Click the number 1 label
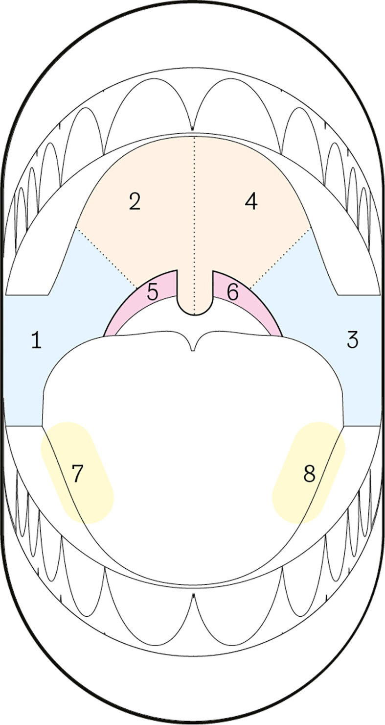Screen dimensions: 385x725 pyautogui.click(x=37, y=340)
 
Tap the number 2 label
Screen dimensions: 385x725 pyautogui.click(x=135, y=201)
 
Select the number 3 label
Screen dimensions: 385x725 pyautogui.click(x=352, y=339)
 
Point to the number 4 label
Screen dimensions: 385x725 pyautogui.click(x=251, y=201)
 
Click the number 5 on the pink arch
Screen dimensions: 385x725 pyautogui.click(x=153, y=291)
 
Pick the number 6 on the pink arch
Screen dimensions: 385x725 pyautogui.click(x=233, y=291)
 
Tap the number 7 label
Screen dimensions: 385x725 pyautogui.click(x=77, y=474)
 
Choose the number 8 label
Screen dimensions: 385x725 pyautogui.click(x=309, y=474)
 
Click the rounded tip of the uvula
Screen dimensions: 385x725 pyautogui.click(x=195, y=314)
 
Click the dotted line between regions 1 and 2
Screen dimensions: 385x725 pyautogui.click(x=106, y=258)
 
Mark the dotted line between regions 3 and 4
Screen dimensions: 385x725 pyautogui.click(x=281, y=258)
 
